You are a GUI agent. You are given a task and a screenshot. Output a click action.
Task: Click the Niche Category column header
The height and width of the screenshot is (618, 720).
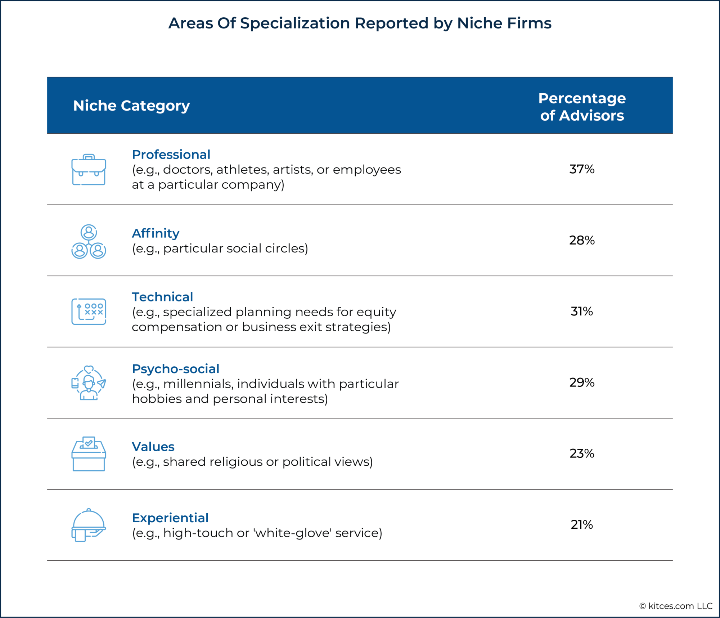tap(131, 106)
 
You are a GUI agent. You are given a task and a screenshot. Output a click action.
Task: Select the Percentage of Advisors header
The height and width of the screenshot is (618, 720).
tap(582, 107)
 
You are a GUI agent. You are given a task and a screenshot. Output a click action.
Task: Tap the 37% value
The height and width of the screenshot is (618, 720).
tap(582, 169)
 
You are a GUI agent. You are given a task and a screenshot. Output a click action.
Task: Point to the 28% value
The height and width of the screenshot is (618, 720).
tap(582, 240)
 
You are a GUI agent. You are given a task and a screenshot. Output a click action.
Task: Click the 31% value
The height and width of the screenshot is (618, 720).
tap(582, 311)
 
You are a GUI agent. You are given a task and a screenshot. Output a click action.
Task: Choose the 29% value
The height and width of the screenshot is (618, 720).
tap(582, 382)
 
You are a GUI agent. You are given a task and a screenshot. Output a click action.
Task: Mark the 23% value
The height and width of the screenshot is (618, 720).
tap(582, 453)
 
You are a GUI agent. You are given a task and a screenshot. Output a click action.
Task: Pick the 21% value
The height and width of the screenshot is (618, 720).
tap(582, 524)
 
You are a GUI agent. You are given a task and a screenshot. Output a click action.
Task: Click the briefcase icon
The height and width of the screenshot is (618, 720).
tap(89, 170)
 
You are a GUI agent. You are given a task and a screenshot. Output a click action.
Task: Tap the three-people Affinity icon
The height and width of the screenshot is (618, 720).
tap(89, 241)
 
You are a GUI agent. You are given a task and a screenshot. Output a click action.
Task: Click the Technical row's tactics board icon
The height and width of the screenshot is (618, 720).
tap(89, 312)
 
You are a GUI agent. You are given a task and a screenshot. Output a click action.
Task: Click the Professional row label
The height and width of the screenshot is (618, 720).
tap(171, 154)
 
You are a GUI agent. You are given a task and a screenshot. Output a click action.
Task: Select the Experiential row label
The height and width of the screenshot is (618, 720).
tap(170, 518)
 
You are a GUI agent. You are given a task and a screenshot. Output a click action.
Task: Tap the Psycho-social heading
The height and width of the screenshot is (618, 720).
tap(175, 369)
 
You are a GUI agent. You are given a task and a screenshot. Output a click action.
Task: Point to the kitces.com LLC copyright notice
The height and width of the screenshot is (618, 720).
tap(676, 606)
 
